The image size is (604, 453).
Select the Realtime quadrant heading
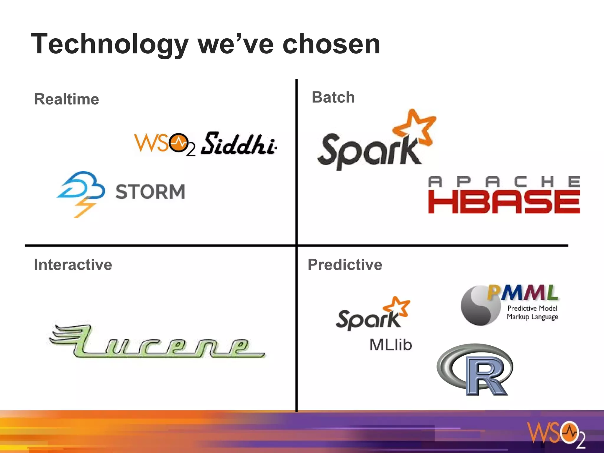67,99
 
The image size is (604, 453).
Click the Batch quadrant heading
333,97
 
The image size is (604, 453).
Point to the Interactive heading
73,265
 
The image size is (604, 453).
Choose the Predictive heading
345,265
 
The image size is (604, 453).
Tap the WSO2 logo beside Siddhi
164,144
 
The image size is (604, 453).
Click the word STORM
150,192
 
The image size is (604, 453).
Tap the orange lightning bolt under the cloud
84,208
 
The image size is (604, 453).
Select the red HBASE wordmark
504,202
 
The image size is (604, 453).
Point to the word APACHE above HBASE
504,182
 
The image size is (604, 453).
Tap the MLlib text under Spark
391,345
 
